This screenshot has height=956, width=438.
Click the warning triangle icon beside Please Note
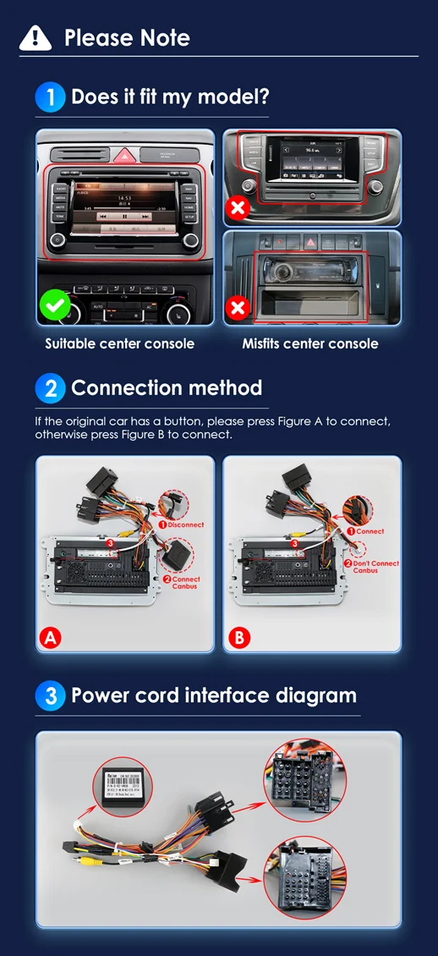click(35, 37)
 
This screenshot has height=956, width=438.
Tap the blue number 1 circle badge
click(50, 96)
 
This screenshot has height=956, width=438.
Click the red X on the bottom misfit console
click(238, 309)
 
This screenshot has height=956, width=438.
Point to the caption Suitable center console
click(119, 343)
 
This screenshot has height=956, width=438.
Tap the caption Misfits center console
click(310, 343)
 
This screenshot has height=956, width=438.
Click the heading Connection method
click(167, 388)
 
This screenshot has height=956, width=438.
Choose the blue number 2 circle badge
click(50, 388)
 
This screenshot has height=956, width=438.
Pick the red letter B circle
click(239, 638)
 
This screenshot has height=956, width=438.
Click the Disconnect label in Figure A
click(185, 525)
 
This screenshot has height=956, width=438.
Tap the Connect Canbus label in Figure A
click(185, 582)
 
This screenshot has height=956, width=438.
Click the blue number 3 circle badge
click(50, 696)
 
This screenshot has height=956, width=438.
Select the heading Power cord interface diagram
click(214, 695)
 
